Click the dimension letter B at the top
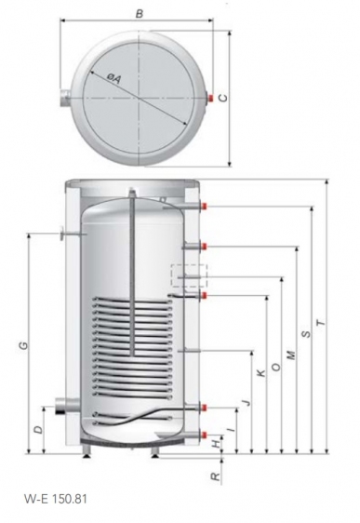click(x=140, y=14)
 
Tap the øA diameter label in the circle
click(x=113, y=78)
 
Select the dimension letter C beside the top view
click(x=223, y=98)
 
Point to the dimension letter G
click(x=23, y=346)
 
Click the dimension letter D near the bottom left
click(x=39, y=429)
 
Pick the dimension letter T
click(x=321, y=323)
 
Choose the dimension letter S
click(x=306, y=333)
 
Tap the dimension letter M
click(x=291, y=355)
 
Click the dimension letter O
click(x=276, y=367)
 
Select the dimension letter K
click(x=262, y=372)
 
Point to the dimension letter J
click(x=247, y=402)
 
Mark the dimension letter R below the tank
click(x=217, y=476)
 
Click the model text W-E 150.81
click(x=56, y=499)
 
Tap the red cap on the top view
click(x=210, y=98)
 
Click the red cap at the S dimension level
click(x=205, y=207)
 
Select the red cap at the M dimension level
click(x=205, y=247)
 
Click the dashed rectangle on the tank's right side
click(x=189, y=275)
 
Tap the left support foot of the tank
click(x=87, y=451)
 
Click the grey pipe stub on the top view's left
click(x=65, y=98)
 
